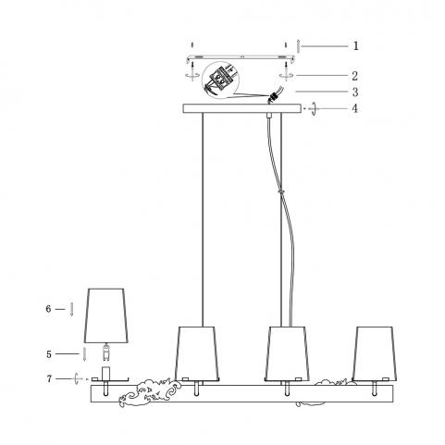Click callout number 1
pyautogui.click(x=355, y=46)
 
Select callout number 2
pyautogui.click(x=355, y=76)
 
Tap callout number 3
pyautogui.click(x=355, y=92)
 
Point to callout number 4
pyautogui.click(x=355, y=108)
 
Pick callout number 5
pyautogui.click(x=49, y=354)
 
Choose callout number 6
pyautogui.click(x=48, y=309)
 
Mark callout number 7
pyautogui.click(x=49, y=378)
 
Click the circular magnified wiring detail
pyautogui.click(x=220, y=80)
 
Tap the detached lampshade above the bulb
pyautogui.click(x=106, y=315)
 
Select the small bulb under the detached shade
pyautogui.click(x=106, y=352)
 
